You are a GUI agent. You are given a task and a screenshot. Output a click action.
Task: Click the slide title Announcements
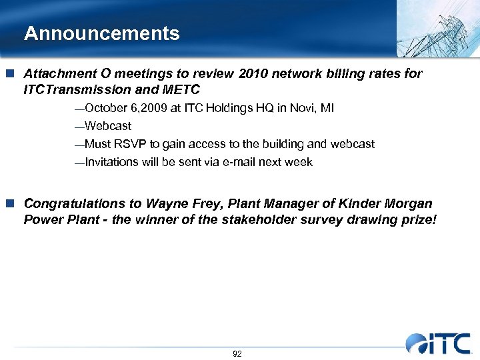[x=101, y=33]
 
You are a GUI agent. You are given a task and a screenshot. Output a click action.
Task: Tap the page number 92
[x=237, y=353]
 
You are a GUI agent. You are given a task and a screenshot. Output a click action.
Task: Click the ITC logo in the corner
[x=440, y=343]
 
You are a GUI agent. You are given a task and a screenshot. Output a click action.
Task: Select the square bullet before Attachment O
[x=12, y=73]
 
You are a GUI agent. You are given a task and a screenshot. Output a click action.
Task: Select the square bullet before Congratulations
[x=12, y=203]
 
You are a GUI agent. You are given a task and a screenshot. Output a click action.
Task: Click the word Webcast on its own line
[x=108, y=126]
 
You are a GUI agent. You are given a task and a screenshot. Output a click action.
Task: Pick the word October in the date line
[x=105, y=108]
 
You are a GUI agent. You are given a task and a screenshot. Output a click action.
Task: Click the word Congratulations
[x=74, y=203]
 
